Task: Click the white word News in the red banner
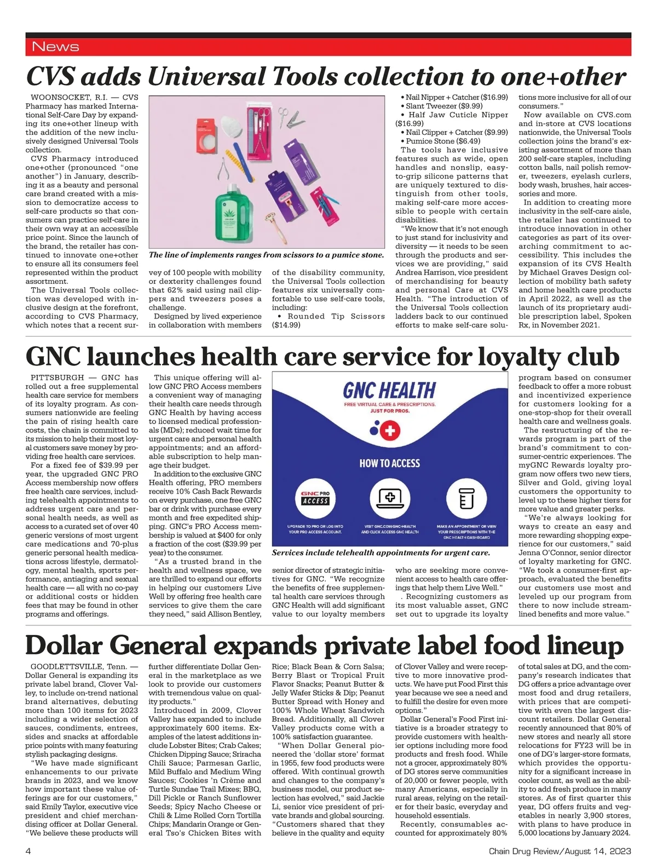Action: pyautogui.click(x=55, y=47)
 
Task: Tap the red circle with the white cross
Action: pyautogui.click(x=390, y=431)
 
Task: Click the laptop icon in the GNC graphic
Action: pyautogui.click(x=390, y=498)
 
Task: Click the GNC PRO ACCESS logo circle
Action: pyautogui.click(x=315, y=498)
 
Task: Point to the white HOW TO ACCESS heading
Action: pyautogui.click(x=389, y=464)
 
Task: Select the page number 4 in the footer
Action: pyautogui.click(x=28, y=851)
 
